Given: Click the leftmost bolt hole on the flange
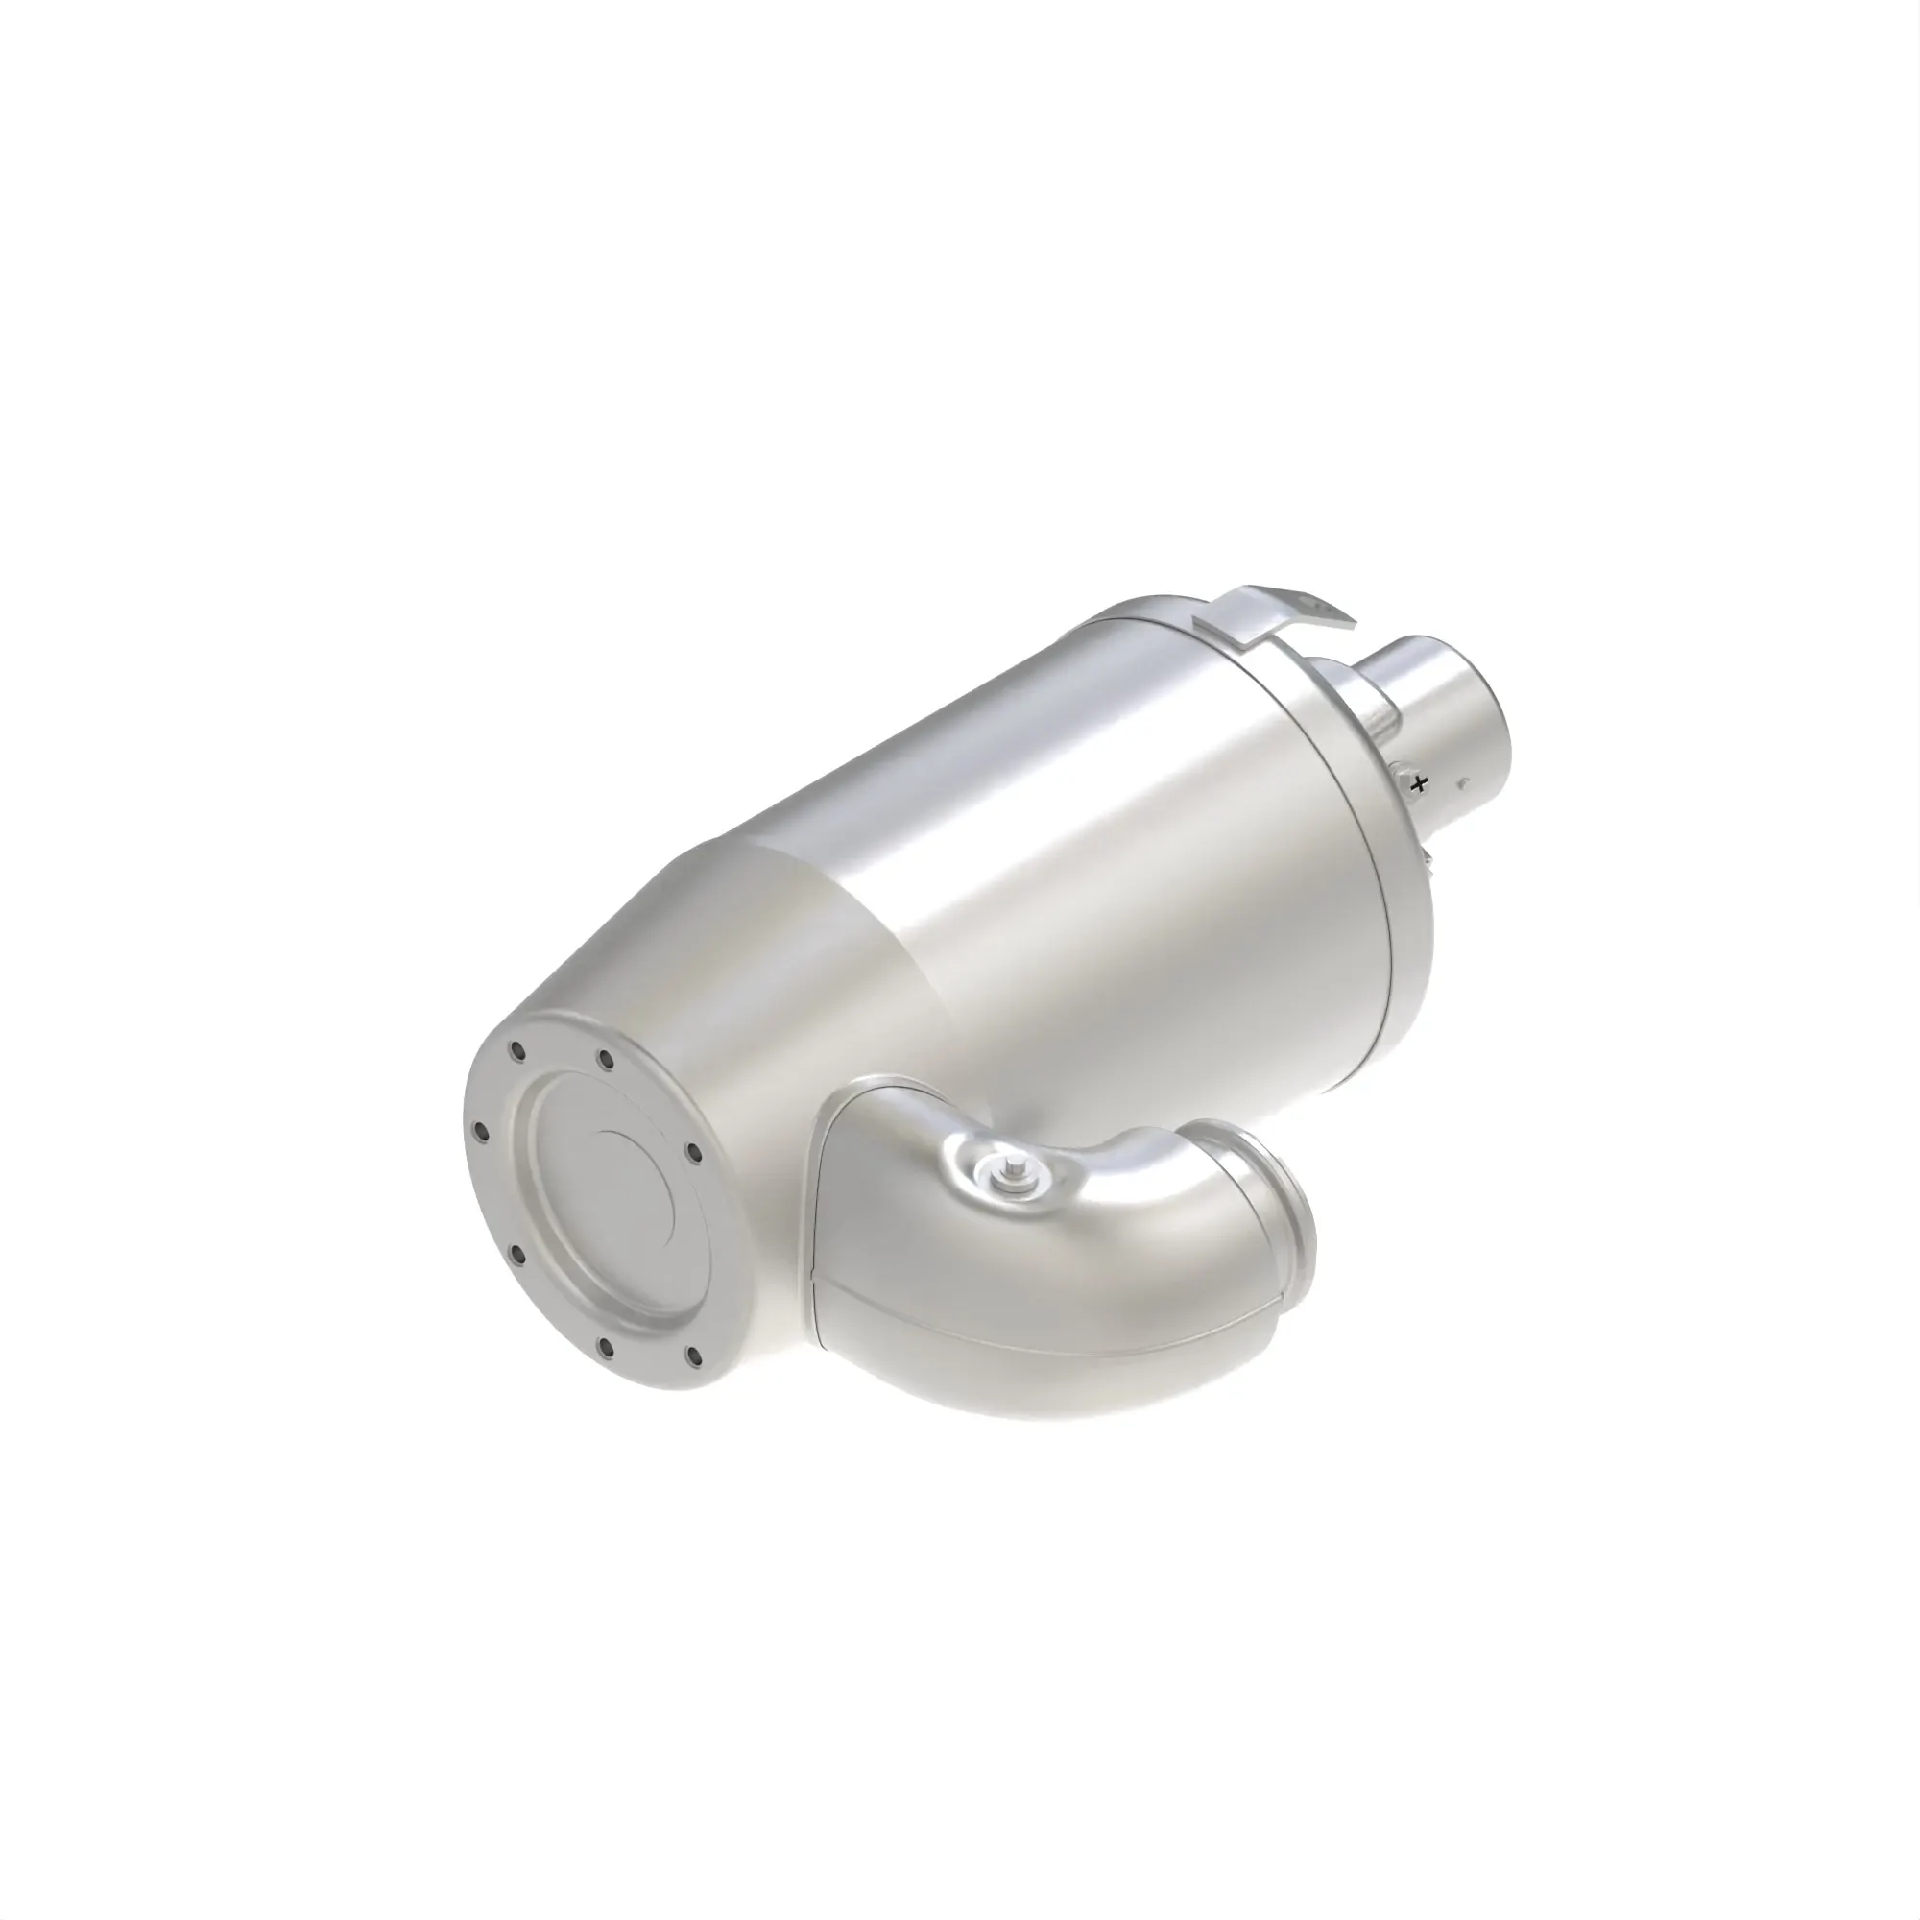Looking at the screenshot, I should pyautogui.click(x=481, y=1130).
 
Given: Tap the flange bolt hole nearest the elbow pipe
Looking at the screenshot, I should pyautogui.click(x=693, y=1153).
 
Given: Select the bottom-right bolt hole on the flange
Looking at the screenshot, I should pyautogui.click(x=694, y=1356).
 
